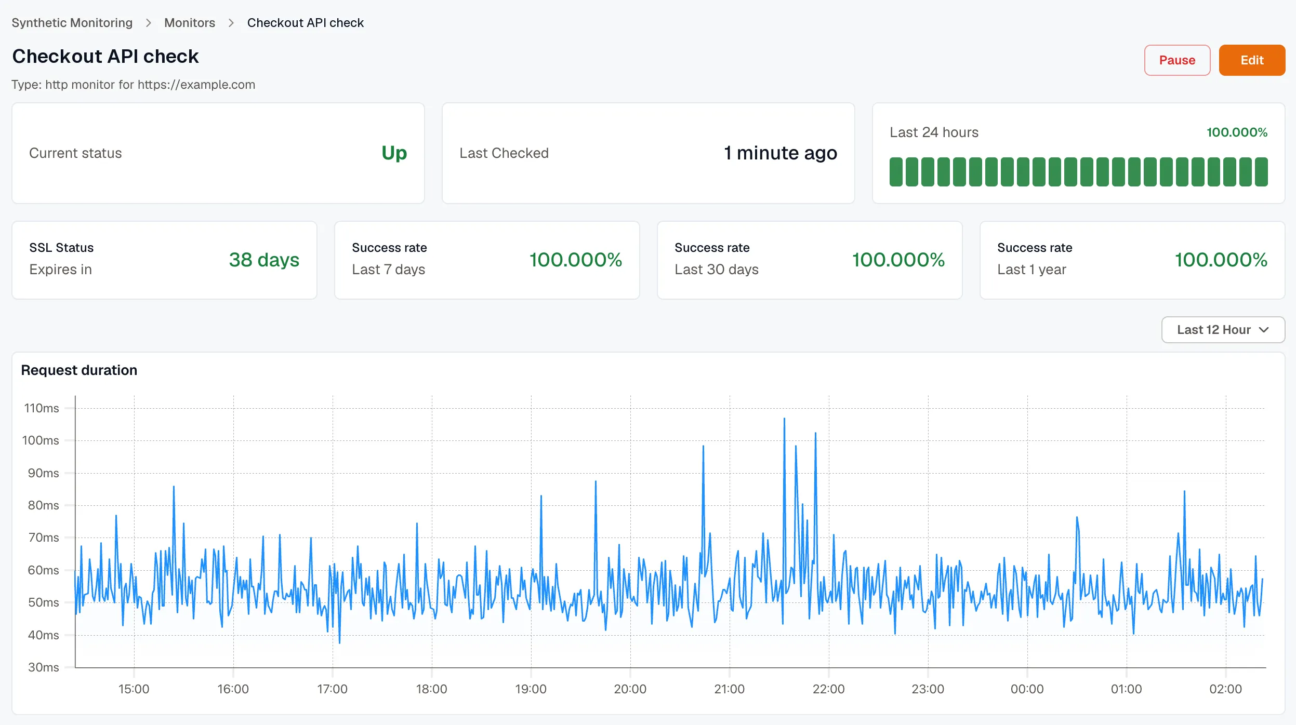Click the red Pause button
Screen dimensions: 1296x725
tap(1177, 60)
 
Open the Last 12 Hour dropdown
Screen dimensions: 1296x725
tap(1223, 330)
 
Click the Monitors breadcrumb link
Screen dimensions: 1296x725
tap(190, 23)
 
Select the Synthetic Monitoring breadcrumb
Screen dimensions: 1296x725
tap(72, 23)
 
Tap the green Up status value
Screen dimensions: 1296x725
tap(394, 153)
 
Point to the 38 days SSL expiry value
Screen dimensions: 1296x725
tap(264, 260)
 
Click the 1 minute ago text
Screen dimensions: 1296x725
tap(781, 153)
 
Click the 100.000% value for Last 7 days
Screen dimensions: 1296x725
tap(576, 260)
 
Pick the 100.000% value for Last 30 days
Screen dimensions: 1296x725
tap(898, 260)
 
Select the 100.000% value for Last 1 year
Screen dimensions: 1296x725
tap(1221, 260)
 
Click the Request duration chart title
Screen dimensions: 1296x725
tap(79, 370)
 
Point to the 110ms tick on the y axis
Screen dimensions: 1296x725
tap(42, 408)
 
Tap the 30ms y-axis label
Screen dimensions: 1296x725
tap(43, 667)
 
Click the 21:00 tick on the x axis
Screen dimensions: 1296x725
tap(729, 689)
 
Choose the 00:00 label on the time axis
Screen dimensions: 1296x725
tap(1027, 689)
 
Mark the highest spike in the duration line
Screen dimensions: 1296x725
tap(784, 419)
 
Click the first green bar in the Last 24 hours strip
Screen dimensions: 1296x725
tap(896, 172)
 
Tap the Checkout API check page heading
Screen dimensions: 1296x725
tap(105, 56)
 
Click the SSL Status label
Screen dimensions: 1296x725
tap(61, 248)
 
